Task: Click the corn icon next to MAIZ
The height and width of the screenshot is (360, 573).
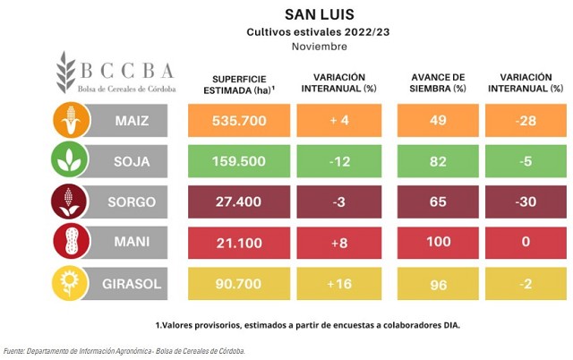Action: [x=71, y=121]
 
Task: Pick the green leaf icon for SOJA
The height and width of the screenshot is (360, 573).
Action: [x=71, y=161]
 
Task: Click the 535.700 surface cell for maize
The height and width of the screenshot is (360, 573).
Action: [x=238, y=121]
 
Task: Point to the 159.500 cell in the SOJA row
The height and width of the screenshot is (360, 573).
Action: [x=238, y=161]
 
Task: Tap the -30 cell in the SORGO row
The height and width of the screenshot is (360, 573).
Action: [x=526, y=201]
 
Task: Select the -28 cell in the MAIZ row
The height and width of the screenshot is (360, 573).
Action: [x=526, y=121]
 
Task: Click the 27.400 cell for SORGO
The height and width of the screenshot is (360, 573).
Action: [x=238, y=201]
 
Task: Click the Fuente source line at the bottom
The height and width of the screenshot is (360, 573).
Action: [x=124, y=351]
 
